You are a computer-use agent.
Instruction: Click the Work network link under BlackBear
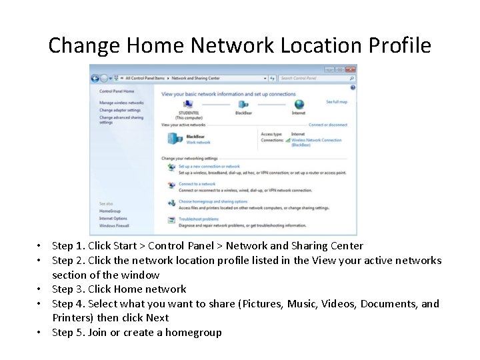pos(198,143)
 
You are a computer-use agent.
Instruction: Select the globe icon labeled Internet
pos(299,105)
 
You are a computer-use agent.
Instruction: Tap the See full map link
pos(336,102)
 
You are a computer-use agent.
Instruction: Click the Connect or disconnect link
pos(327,125)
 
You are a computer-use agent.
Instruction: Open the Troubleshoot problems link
pos(198,219)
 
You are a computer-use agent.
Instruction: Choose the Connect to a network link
pos(197,184)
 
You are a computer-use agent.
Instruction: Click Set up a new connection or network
pos(209,167)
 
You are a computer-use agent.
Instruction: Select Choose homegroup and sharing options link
pos(213,201)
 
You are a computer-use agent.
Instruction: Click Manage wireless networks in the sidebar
pos(121,103)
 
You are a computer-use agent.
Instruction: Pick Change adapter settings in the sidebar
pos(120,110)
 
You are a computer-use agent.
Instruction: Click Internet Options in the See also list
pos(113,218)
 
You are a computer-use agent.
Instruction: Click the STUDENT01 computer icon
pos(187,105)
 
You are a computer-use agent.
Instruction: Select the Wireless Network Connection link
pos(316,140)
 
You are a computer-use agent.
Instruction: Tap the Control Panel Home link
pos(117,91)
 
